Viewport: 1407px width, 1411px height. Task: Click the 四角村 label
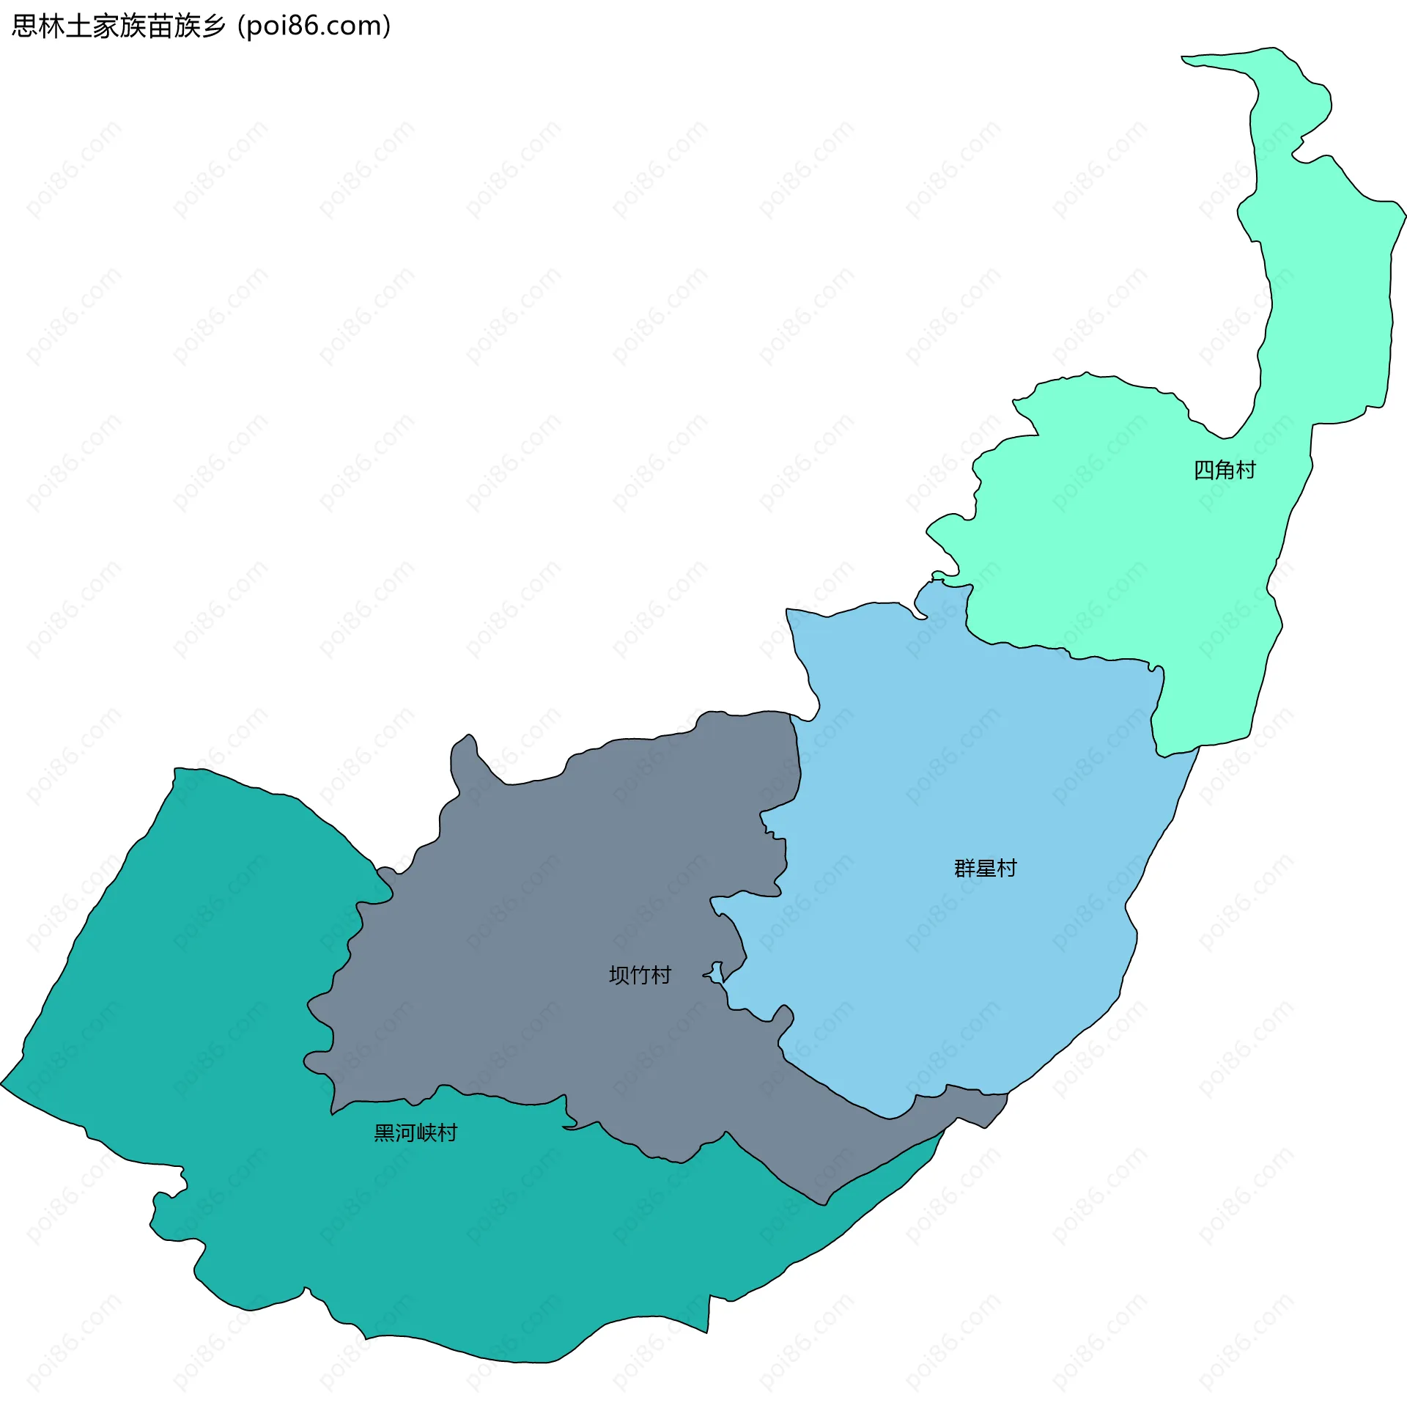point(1225,470)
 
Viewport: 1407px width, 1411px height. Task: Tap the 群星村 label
point(985,869)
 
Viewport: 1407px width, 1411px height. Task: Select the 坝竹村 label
point(640,975)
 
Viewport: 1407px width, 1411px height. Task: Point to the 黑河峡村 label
point(416,1132)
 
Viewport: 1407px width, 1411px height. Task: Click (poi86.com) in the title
point(314,26)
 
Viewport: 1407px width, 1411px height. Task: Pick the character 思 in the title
point(24,26)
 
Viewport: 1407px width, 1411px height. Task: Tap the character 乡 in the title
point(213,26)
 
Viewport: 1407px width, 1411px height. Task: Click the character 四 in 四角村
point(1204,470)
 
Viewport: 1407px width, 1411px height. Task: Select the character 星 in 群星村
point(985,869)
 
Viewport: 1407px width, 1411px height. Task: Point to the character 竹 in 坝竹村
point(640,975)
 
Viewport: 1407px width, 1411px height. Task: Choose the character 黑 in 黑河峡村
point(385,1132)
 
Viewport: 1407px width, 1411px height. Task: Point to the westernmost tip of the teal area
point(2,1083)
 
